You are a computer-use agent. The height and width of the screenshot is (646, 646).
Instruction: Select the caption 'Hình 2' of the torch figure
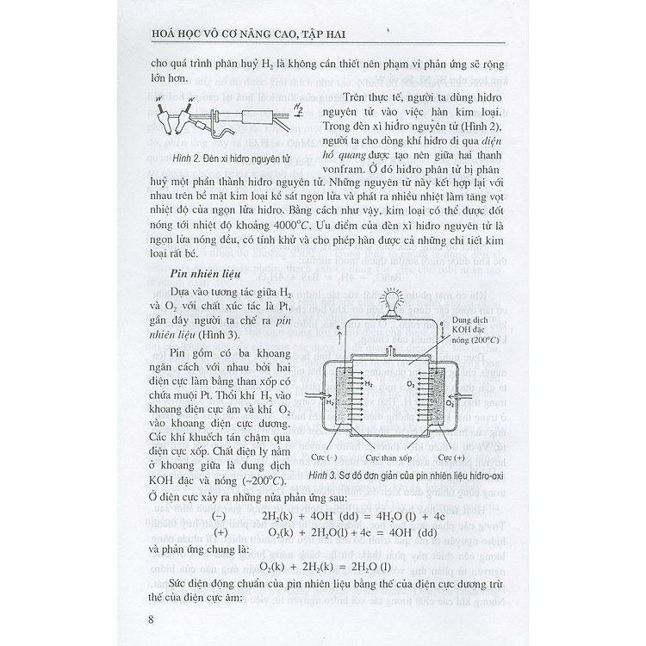point(185,160)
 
